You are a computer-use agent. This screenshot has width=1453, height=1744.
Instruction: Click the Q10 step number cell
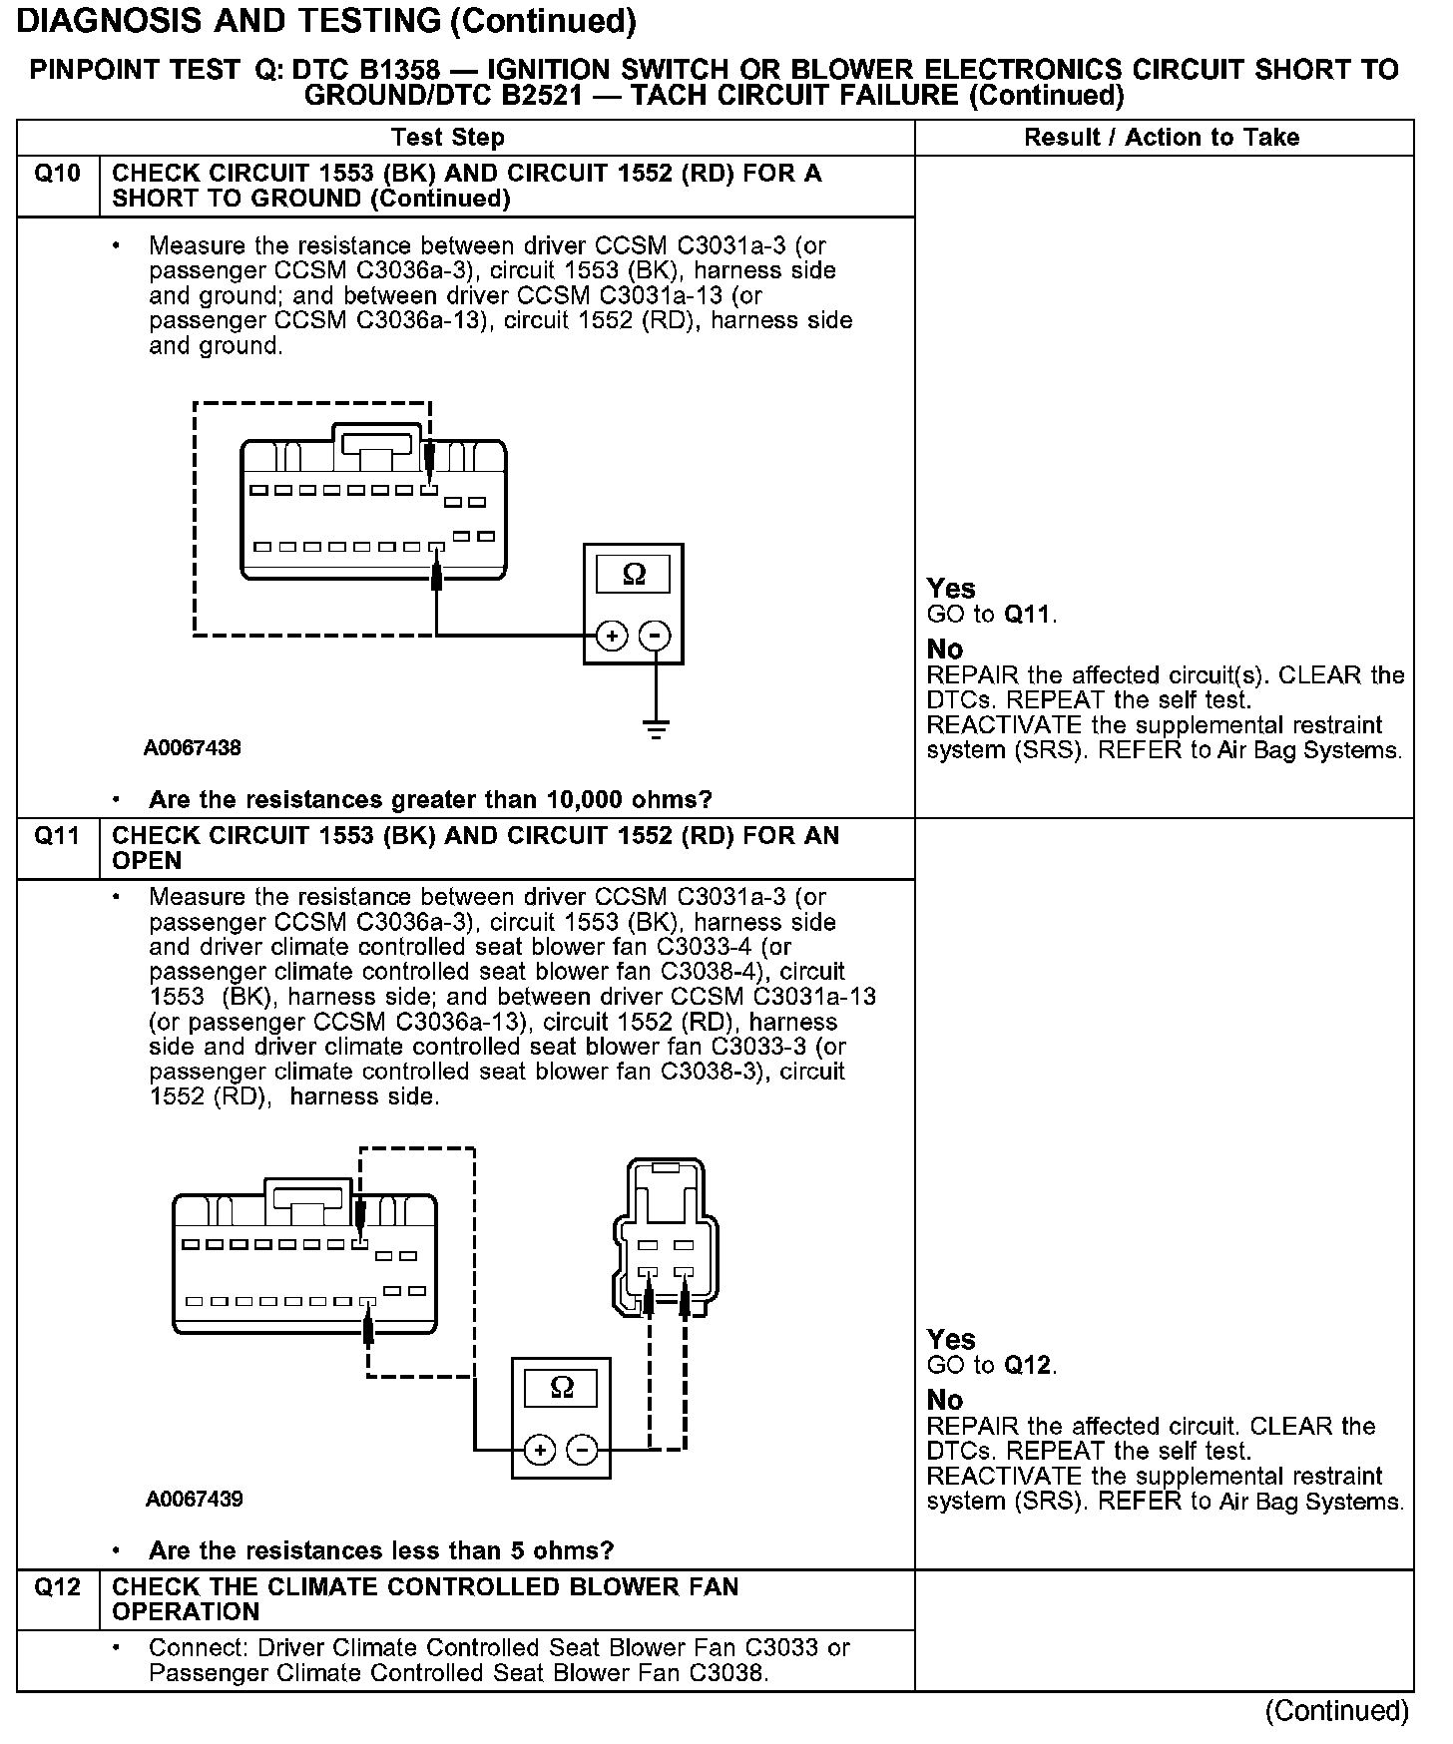57,175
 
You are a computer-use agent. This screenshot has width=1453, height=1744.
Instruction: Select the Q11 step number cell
57,836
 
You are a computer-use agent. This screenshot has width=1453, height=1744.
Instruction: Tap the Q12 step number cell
57,1587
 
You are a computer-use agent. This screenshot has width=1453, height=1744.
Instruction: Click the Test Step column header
448,138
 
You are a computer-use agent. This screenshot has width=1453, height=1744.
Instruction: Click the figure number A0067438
193,747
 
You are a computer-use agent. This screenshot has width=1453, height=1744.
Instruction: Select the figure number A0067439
194,1499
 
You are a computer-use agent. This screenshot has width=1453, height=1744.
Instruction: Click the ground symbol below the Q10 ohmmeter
656,728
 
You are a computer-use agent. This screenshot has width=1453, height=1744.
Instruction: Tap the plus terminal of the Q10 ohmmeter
612,636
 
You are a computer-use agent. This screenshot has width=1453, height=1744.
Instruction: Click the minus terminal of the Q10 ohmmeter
656,636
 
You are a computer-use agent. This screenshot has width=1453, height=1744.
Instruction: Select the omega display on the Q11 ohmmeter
562,1388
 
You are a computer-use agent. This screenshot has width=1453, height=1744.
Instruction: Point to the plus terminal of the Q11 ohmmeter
539,1450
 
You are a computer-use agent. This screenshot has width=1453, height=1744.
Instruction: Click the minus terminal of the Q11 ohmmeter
583,1450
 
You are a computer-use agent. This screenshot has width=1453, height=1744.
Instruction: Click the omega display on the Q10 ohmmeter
634,575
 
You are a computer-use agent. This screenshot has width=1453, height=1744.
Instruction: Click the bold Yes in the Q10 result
950,589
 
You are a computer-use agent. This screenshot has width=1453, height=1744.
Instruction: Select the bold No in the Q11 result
945,1400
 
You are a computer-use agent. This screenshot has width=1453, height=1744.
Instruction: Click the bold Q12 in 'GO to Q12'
1028,1365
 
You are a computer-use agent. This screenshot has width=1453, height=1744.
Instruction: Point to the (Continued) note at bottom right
1336,1712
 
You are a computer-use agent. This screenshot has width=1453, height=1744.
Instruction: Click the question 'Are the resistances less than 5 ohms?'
380,1550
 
